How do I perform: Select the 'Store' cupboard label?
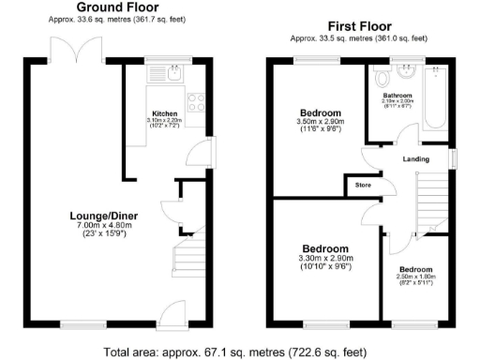click(x=363, y=186)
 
